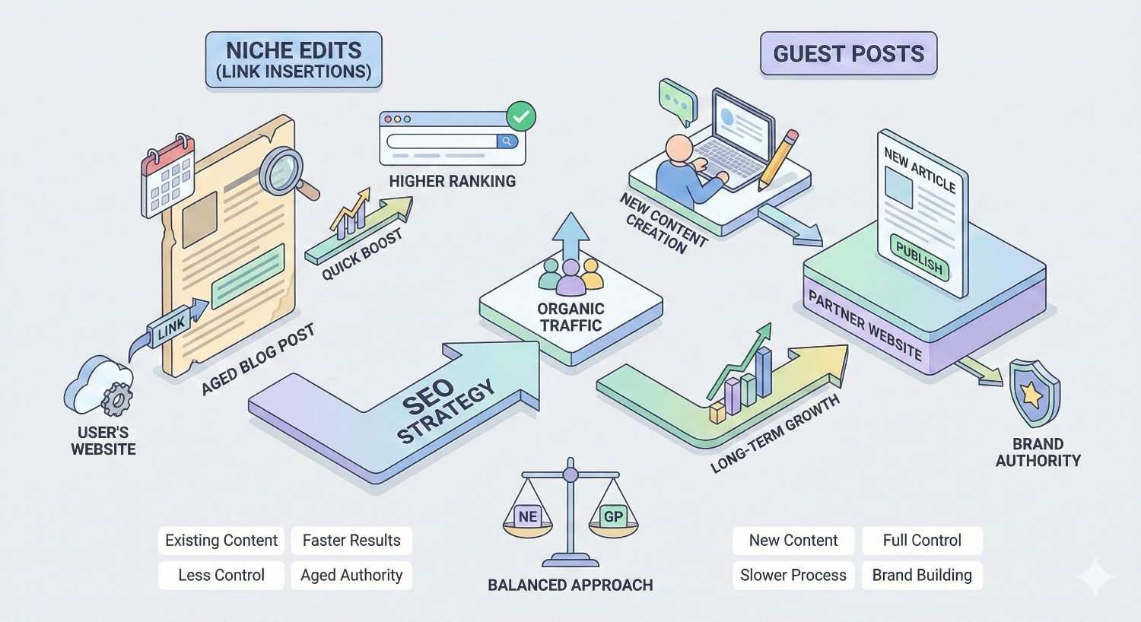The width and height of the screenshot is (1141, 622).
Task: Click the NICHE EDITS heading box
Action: (293, 60)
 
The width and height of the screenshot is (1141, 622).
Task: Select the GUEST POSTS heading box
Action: (848, 54)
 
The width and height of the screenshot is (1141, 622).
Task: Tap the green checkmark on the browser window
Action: (521, 117)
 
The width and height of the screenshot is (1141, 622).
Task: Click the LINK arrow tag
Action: (173, 325)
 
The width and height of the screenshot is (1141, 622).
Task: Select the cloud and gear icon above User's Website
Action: (100, 388)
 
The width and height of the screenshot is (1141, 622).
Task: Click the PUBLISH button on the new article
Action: (920, 257)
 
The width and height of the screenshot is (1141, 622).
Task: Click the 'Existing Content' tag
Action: (221, 541)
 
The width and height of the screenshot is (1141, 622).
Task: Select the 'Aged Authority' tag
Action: (351, 576)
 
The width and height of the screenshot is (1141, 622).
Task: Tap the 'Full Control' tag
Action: (922, 541)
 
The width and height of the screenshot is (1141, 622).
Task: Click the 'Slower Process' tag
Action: (793, 576)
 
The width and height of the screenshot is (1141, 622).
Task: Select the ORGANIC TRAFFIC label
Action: (570, 317)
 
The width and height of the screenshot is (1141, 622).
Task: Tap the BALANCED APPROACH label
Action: (570, 586)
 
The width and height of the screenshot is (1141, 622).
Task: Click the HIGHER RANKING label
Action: (452, 182)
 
